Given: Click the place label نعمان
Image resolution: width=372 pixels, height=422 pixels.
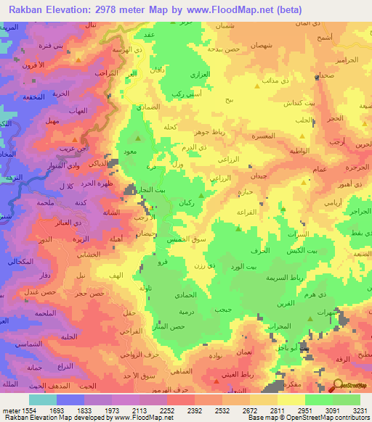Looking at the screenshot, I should pos(245,350).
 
